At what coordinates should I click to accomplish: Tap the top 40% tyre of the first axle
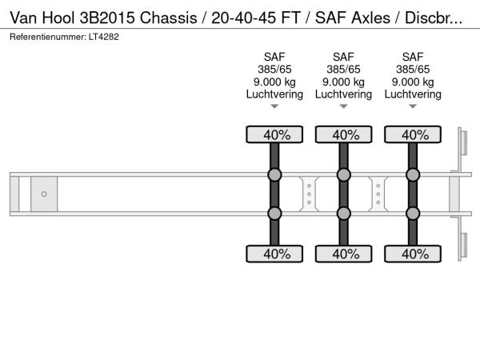[274, 134]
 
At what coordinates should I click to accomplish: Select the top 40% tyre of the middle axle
[343, 134]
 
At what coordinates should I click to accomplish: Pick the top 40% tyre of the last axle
[413, 134]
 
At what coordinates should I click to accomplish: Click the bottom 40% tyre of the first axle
[274, 254]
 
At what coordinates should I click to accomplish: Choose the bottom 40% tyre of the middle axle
[343, 254]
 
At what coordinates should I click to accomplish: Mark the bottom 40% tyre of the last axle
[413, 254]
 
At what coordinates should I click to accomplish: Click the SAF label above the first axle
[274, 57]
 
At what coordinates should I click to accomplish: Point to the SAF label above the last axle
[413, 57]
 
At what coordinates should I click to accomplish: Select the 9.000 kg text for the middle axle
[343, 82]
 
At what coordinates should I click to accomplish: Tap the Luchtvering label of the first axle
[274, 94]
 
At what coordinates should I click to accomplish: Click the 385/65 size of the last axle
[413, 69]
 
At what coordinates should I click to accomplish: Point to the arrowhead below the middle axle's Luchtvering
[343, 106]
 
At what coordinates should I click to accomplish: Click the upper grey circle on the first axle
[274, 175]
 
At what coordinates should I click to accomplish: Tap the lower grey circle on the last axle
[413, 213]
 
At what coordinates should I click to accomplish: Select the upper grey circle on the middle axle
[343, 175]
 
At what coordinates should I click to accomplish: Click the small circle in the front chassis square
[44, 194]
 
